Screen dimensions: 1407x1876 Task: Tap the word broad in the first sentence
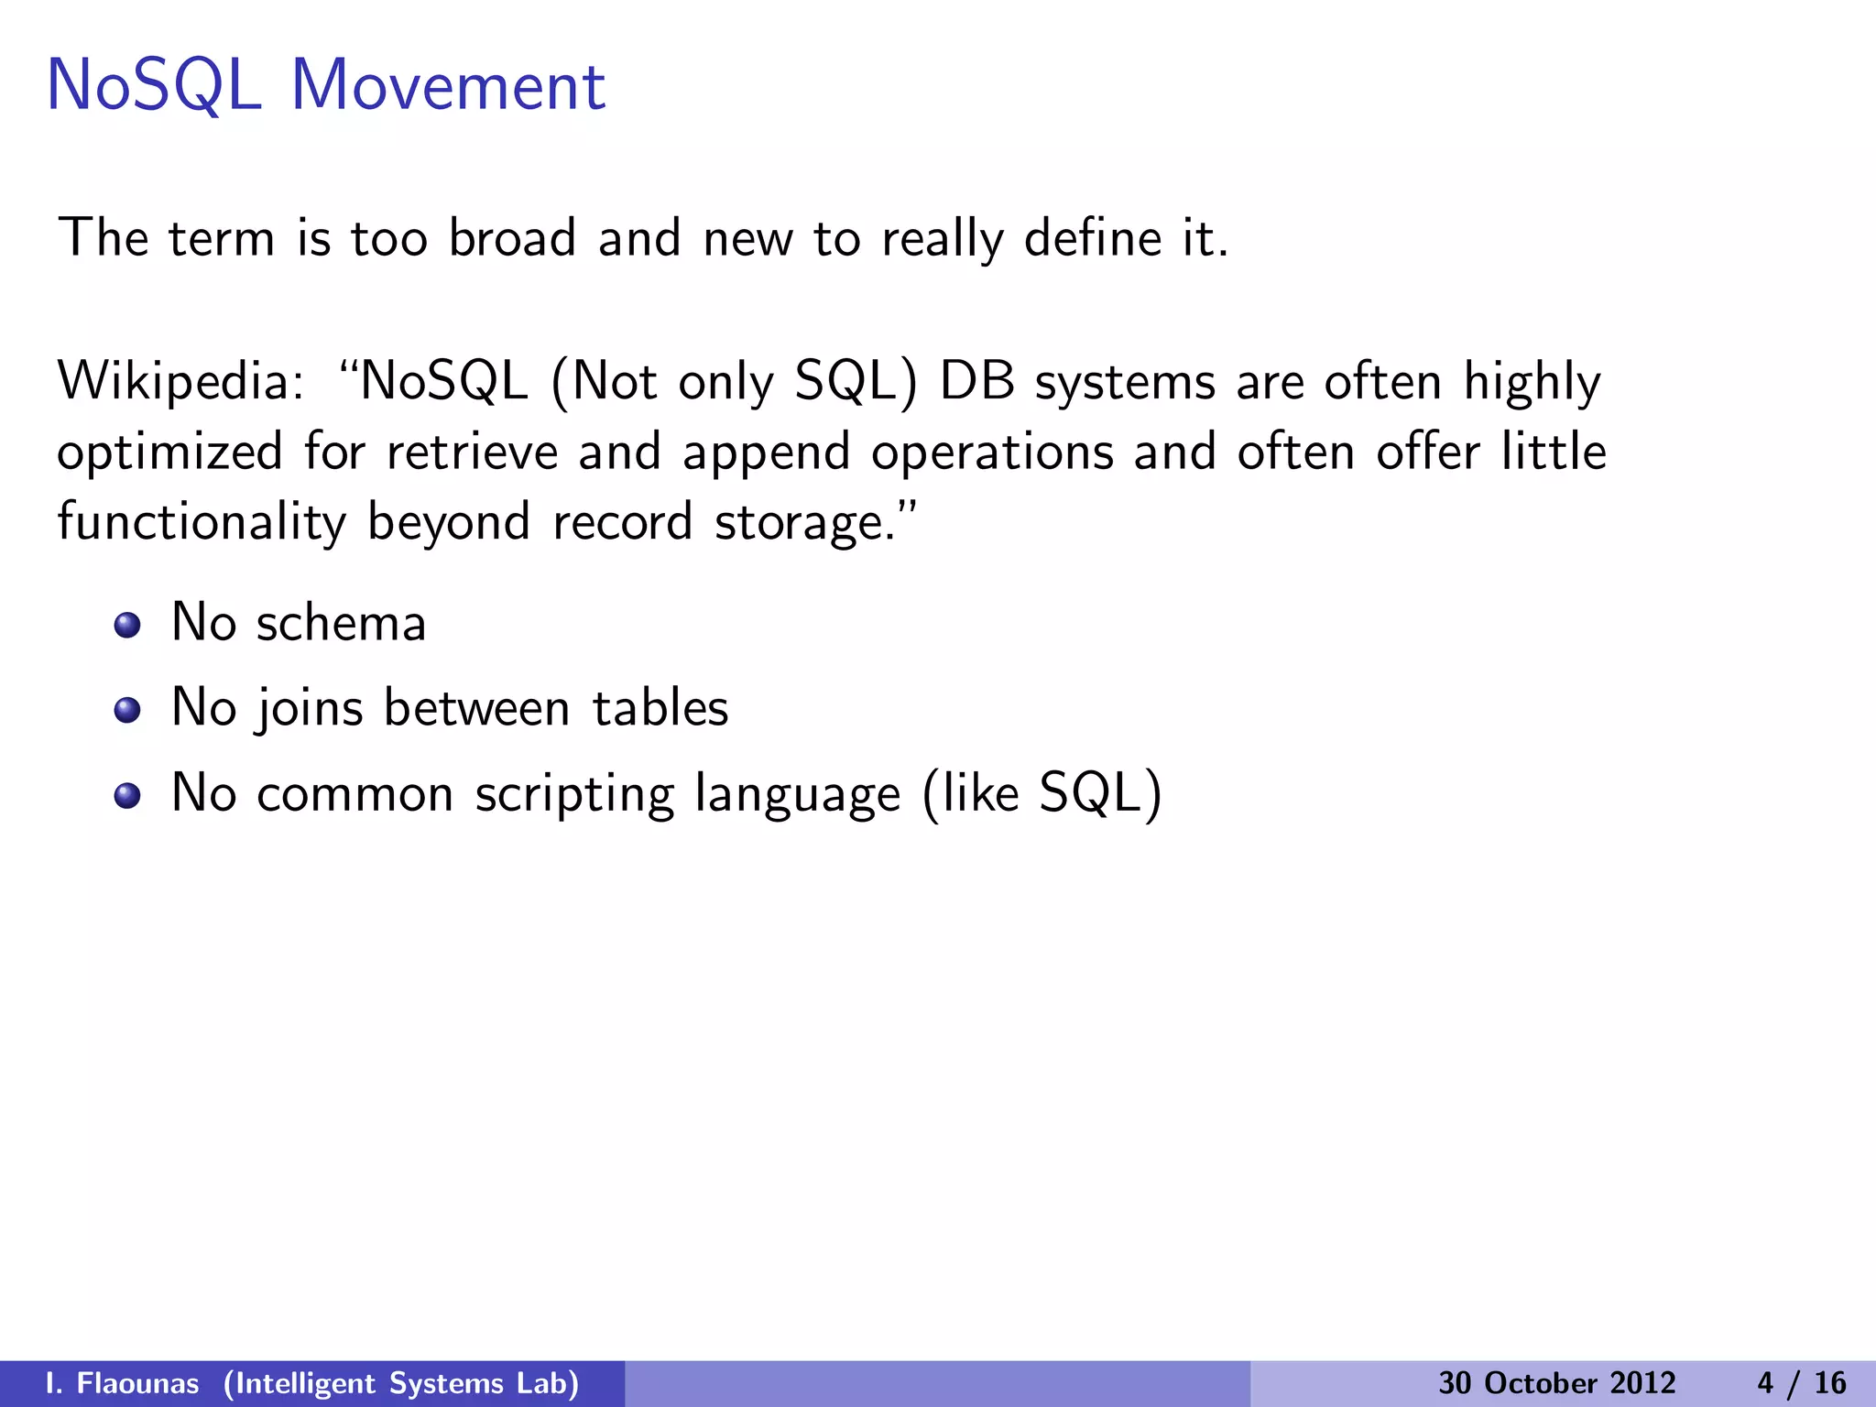pyautogui.click(x=511, y=238)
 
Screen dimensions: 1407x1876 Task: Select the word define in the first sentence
pyautogui.click(x=1092, y=238)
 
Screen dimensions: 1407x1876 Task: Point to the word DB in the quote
pyautogui.click(x=976, y=381)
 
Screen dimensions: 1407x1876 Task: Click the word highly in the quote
pyautogui.click(x=1532, y=383)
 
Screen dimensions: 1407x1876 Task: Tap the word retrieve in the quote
pyautogui.click(x=472, y=453)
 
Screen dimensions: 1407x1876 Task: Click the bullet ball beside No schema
pyautogui.click(x=127, y=626)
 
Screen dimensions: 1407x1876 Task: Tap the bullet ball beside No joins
pyautogui.click(x=127, y=710)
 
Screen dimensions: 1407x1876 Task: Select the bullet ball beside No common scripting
pyautogui.click(x=127, y=795)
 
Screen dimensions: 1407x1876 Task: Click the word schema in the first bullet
pyautogui.click(x=341, y=624)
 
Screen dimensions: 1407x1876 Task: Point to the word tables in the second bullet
pyautogui.click(x=660, y=708)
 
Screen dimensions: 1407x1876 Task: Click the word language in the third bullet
pyautogui.click(x=797, y=794)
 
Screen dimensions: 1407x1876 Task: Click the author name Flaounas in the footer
pyautogui.click(x=137, y=1383)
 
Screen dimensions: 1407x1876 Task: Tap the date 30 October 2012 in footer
pyautogui.click(x=1556, y=1383)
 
